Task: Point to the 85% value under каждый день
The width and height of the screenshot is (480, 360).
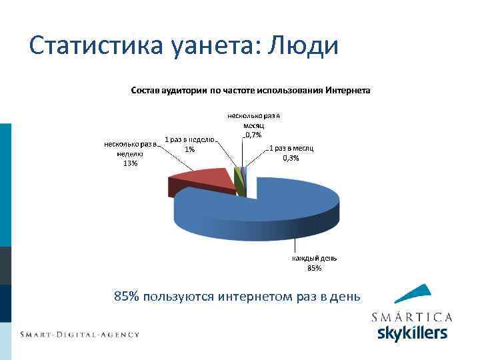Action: [314, 268]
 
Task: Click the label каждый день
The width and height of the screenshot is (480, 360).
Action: [314, 259]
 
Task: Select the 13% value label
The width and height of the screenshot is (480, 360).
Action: [130, 164]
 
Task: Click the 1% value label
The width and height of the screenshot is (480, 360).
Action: [190, 149]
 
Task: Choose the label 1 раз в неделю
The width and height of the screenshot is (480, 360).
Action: [189, 140]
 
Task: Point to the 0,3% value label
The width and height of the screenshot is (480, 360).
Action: [291, 158]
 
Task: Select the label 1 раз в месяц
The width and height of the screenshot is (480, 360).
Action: [291, 148]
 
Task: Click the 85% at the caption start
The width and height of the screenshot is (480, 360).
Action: [126, 296]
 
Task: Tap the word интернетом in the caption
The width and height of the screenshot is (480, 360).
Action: [250, 296]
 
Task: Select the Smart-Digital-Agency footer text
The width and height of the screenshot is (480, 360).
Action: [79, 334]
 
